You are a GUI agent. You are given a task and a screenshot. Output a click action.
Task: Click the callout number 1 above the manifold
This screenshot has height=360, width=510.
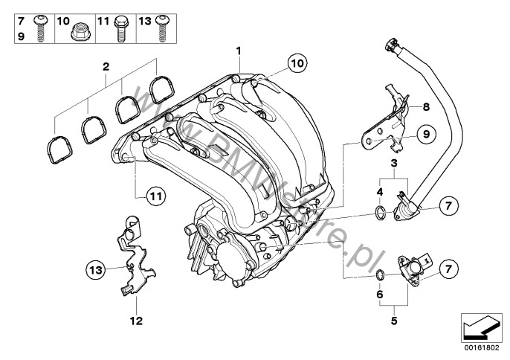(239, 51)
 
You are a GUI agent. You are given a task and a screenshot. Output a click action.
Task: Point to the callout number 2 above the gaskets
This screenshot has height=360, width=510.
(106, 68)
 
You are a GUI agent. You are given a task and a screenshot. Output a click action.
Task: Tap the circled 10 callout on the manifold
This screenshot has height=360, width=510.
(296, 64)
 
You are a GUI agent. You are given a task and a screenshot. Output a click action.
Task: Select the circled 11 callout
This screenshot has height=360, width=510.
(153, 196)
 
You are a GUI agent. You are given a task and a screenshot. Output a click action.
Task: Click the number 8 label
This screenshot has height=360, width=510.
(426, 107)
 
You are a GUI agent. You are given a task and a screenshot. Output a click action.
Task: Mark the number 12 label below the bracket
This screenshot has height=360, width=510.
(137, 322)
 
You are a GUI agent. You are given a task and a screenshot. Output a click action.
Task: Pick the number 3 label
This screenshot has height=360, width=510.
(394, 162)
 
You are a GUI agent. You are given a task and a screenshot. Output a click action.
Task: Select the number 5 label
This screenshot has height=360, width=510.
(394, 321)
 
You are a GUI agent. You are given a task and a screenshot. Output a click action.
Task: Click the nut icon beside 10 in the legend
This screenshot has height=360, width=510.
(80, 30)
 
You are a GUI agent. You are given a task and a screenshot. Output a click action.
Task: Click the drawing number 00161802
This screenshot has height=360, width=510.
(478, 347)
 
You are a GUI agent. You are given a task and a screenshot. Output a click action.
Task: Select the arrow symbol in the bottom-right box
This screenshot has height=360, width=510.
(478, 326)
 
